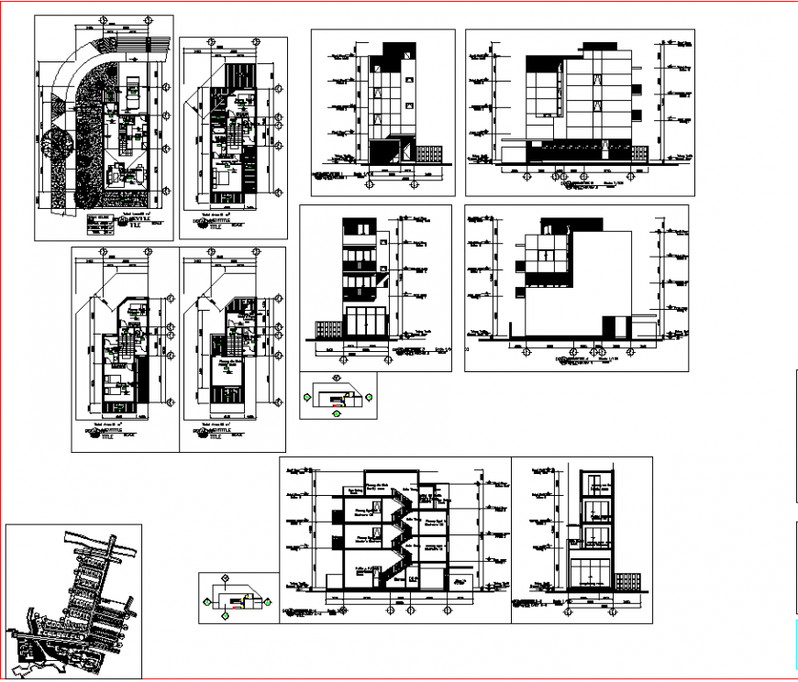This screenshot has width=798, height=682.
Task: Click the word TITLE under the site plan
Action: click(137, 225)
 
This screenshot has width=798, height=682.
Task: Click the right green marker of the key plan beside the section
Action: click(270, 601)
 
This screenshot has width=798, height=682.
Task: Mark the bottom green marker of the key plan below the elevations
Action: click(337, 414)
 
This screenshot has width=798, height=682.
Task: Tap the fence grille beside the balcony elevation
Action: click(328, 329)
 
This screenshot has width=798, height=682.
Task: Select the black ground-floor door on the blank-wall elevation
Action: click(611, 325)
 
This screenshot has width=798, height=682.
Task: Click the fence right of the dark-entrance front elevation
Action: click(427, 152)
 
